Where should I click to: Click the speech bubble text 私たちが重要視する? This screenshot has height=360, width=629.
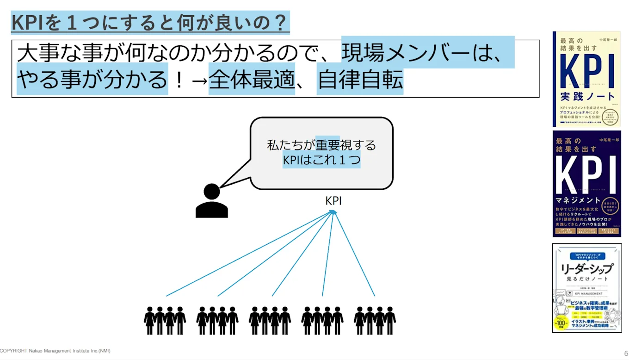321,145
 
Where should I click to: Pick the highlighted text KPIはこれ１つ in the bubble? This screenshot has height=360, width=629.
321,160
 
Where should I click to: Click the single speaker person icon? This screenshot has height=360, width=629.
212,201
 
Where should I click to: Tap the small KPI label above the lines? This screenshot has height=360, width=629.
333,201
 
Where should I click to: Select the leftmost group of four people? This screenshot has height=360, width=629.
165,320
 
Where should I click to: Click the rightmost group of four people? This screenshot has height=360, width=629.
375,320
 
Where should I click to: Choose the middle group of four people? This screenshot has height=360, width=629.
270,320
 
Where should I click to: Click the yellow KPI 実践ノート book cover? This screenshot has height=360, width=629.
586,79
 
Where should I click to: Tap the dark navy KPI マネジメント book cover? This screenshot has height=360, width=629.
586,184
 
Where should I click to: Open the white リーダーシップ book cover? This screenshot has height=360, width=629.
586,288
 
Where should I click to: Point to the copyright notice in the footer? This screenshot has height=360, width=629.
55,351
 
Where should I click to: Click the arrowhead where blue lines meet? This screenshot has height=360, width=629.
333,212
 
